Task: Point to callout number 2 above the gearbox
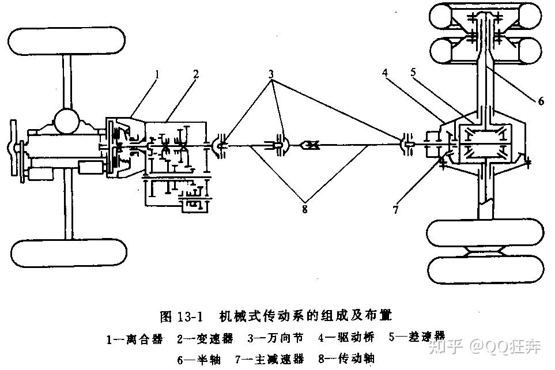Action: (197, 74)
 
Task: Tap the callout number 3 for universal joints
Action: (271, 75)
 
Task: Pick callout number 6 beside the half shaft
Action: (541, 100)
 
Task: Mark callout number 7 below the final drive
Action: (396, 209)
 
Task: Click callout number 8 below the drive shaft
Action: (304, 209)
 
